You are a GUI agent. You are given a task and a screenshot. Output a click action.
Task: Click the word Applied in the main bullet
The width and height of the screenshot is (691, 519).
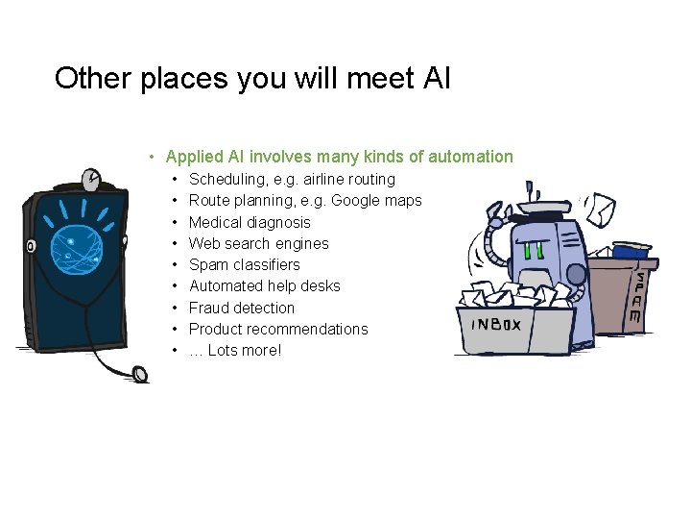pos(194,157)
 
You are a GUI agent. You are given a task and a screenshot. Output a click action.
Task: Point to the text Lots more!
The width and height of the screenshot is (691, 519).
pos(244,350)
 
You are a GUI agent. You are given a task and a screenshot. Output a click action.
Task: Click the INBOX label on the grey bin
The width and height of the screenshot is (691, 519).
pos(496,325)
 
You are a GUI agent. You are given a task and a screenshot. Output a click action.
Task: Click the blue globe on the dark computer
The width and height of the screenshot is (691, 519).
pos(76,241)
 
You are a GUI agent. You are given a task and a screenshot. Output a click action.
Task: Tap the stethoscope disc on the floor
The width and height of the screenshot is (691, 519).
pos(141,373)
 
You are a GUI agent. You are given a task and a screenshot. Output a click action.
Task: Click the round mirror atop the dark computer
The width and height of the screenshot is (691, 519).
pos(91,180)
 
